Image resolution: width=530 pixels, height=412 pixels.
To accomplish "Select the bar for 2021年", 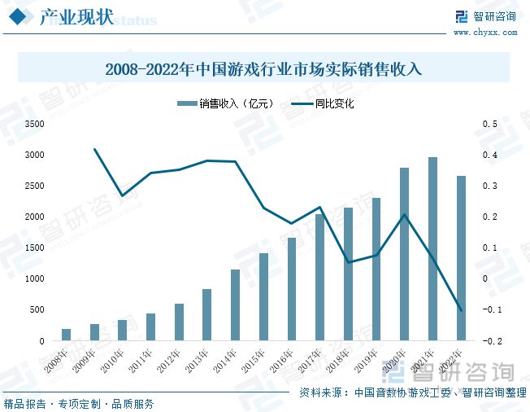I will pos(433,248).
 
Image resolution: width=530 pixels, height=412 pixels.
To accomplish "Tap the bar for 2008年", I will pos(66,335).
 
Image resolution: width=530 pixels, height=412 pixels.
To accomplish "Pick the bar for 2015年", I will pos(263,296).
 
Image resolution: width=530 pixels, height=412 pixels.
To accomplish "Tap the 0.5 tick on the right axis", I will pos(489,124).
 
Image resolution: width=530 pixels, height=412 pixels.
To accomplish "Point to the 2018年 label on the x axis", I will pos(340,359).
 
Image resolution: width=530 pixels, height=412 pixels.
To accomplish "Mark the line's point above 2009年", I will pos(94,149).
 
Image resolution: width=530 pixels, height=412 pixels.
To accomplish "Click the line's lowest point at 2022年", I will pos(461,310).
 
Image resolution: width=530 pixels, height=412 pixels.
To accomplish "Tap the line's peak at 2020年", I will pos(405,214).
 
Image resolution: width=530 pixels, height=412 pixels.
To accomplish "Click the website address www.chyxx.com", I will pos(484,33).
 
